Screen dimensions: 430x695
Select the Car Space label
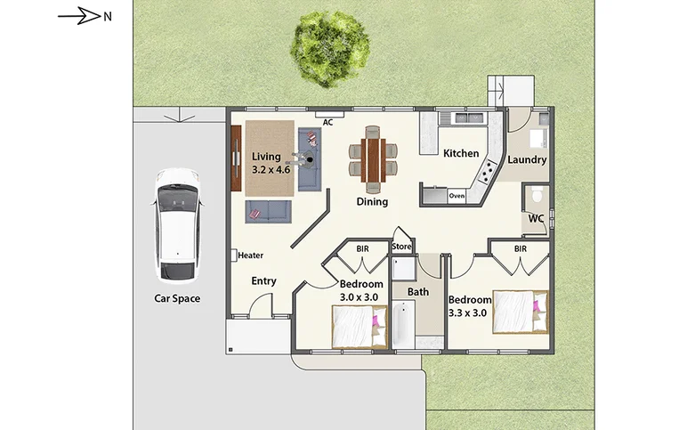pos(177,298)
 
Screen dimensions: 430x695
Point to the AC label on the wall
pos(327,122)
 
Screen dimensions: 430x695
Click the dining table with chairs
pos(372,158)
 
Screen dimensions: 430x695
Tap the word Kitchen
pos(461,153)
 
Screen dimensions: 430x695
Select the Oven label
pos(457,195)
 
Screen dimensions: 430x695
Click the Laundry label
pos(527,160)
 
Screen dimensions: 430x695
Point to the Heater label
pos(250,256)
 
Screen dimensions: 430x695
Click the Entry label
pos(263,280)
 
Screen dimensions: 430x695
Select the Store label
pos(401,247)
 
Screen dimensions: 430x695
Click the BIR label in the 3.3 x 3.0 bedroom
pos(520,248)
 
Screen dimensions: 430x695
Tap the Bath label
pos(418,291)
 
